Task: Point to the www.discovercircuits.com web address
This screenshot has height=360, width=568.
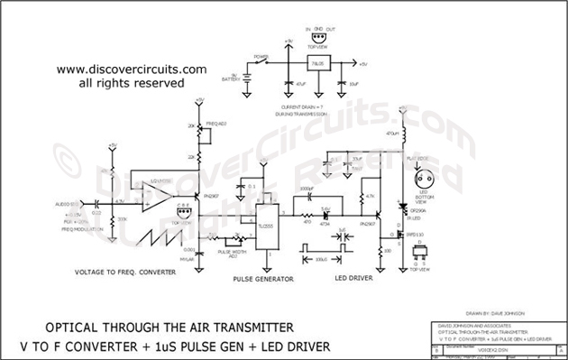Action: [131, 69]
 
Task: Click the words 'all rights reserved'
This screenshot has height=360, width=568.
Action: [132, 82]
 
